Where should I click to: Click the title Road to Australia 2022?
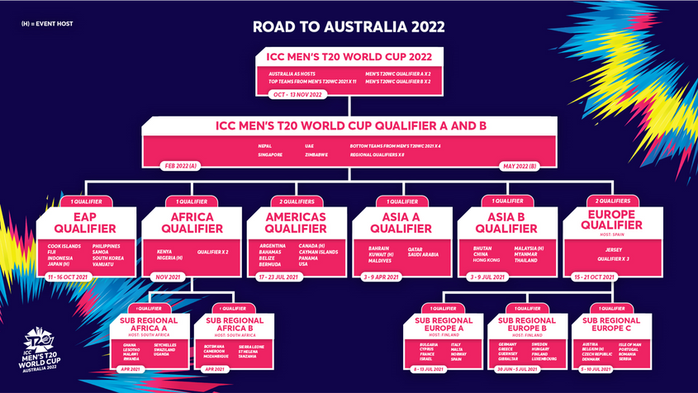click(x=349, y=26)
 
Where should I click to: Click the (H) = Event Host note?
click(x=47, y=24)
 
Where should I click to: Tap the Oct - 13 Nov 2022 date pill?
click(x=297, y=94)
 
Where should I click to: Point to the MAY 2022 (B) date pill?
click(x=520, y=166)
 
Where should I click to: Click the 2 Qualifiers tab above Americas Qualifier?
click(x=297, y=201)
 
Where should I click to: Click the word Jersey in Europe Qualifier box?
click(x=612, y=248)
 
